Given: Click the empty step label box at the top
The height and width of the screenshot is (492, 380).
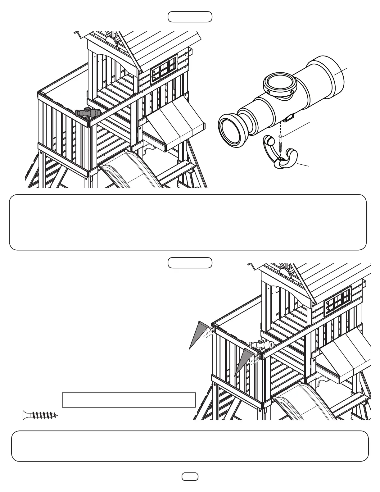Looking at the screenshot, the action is point(190,17).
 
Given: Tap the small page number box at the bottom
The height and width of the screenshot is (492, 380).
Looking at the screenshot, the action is point(190,476).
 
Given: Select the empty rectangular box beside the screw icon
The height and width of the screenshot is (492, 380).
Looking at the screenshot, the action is point(129,400).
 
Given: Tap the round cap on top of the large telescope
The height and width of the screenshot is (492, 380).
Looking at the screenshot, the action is point(278,84).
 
